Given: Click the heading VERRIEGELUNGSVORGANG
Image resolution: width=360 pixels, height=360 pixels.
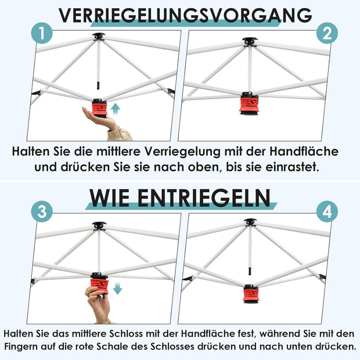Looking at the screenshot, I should [185, 15].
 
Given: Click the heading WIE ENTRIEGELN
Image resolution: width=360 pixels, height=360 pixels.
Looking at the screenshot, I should [180, 197].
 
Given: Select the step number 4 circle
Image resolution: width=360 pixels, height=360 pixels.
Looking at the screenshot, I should [327, 212].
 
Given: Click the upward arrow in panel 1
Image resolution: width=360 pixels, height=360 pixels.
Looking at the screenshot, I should [116, 107].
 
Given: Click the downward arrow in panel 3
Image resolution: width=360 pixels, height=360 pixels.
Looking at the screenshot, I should [117, 288].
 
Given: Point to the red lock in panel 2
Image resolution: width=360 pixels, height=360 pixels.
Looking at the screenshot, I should [249, 104].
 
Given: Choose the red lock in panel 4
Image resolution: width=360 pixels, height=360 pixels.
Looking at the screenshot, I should [251, 293].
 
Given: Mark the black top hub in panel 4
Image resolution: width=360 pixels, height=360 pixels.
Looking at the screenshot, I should [250, 222].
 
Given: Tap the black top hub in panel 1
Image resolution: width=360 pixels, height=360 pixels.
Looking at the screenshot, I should [98, 37].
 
